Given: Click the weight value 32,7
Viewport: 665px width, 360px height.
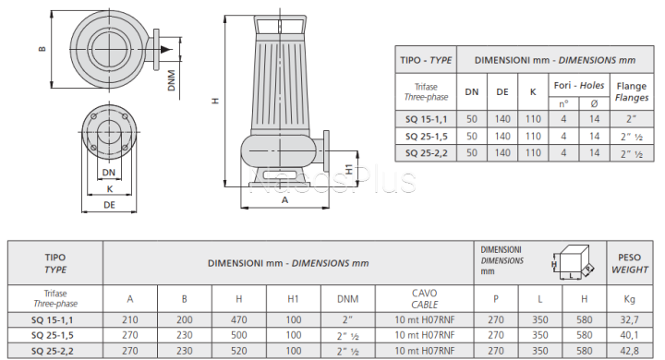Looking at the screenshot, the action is [629, 319].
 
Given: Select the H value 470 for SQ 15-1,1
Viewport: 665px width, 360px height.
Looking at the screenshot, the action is [239, 319].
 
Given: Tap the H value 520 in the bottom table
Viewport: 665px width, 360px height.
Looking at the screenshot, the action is [239, 351].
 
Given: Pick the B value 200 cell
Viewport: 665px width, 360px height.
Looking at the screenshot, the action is [185, 319].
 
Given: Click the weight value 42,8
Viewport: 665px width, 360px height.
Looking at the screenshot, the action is [629, 351].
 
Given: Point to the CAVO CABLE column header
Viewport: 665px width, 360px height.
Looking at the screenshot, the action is [425, 298].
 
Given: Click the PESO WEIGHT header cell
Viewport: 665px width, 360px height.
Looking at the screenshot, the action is [630, 263].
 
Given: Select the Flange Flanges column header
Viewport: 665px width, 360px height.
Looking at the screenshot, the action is [632, 91].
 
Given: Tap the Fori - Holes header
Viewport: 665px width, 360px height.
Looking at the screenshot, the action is [579, 85].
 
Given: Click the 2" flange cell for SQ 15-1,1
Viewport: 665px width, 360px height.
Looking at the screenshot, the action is [632, 119].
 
